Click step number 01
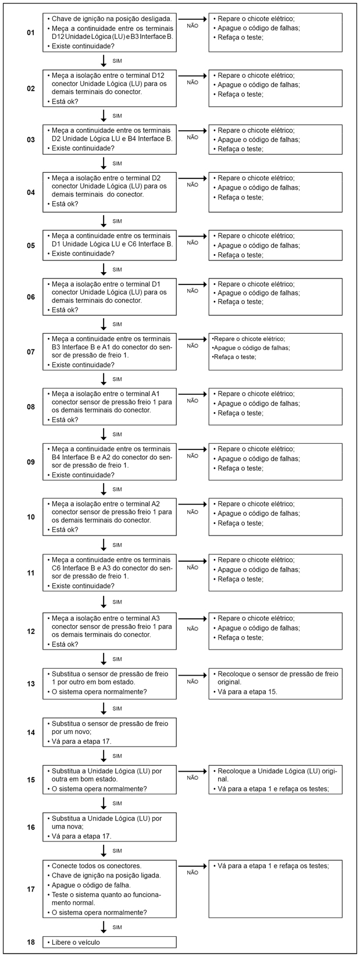click(30, 33)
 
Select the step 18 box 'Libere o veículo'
click(109, 942)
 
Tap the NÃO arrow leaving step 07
click(193, 339)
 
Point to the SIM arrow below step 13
click(104, 708)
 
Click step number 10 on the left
click(30, 517)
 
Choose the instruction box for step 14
click(109, 732)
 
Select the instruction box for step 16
click(109, 827)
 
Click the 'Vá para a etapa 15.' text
click(245, 692)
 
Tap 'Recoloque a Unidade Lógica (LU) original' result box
click(275, 779)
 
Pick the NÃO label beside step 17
click(193, 873)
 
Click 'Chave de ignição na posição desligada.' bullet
click(107, 19)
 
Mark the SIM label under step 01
click(117, 60)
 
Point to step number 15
click(30, 779)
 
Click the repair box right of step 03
click(275, 140)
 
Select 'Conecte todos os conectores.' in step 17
click(97, 866)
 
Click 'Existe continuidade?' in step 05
click(83, 254)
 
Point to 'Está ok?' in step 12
click(65, 644)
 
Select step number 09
click(30, 462)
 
